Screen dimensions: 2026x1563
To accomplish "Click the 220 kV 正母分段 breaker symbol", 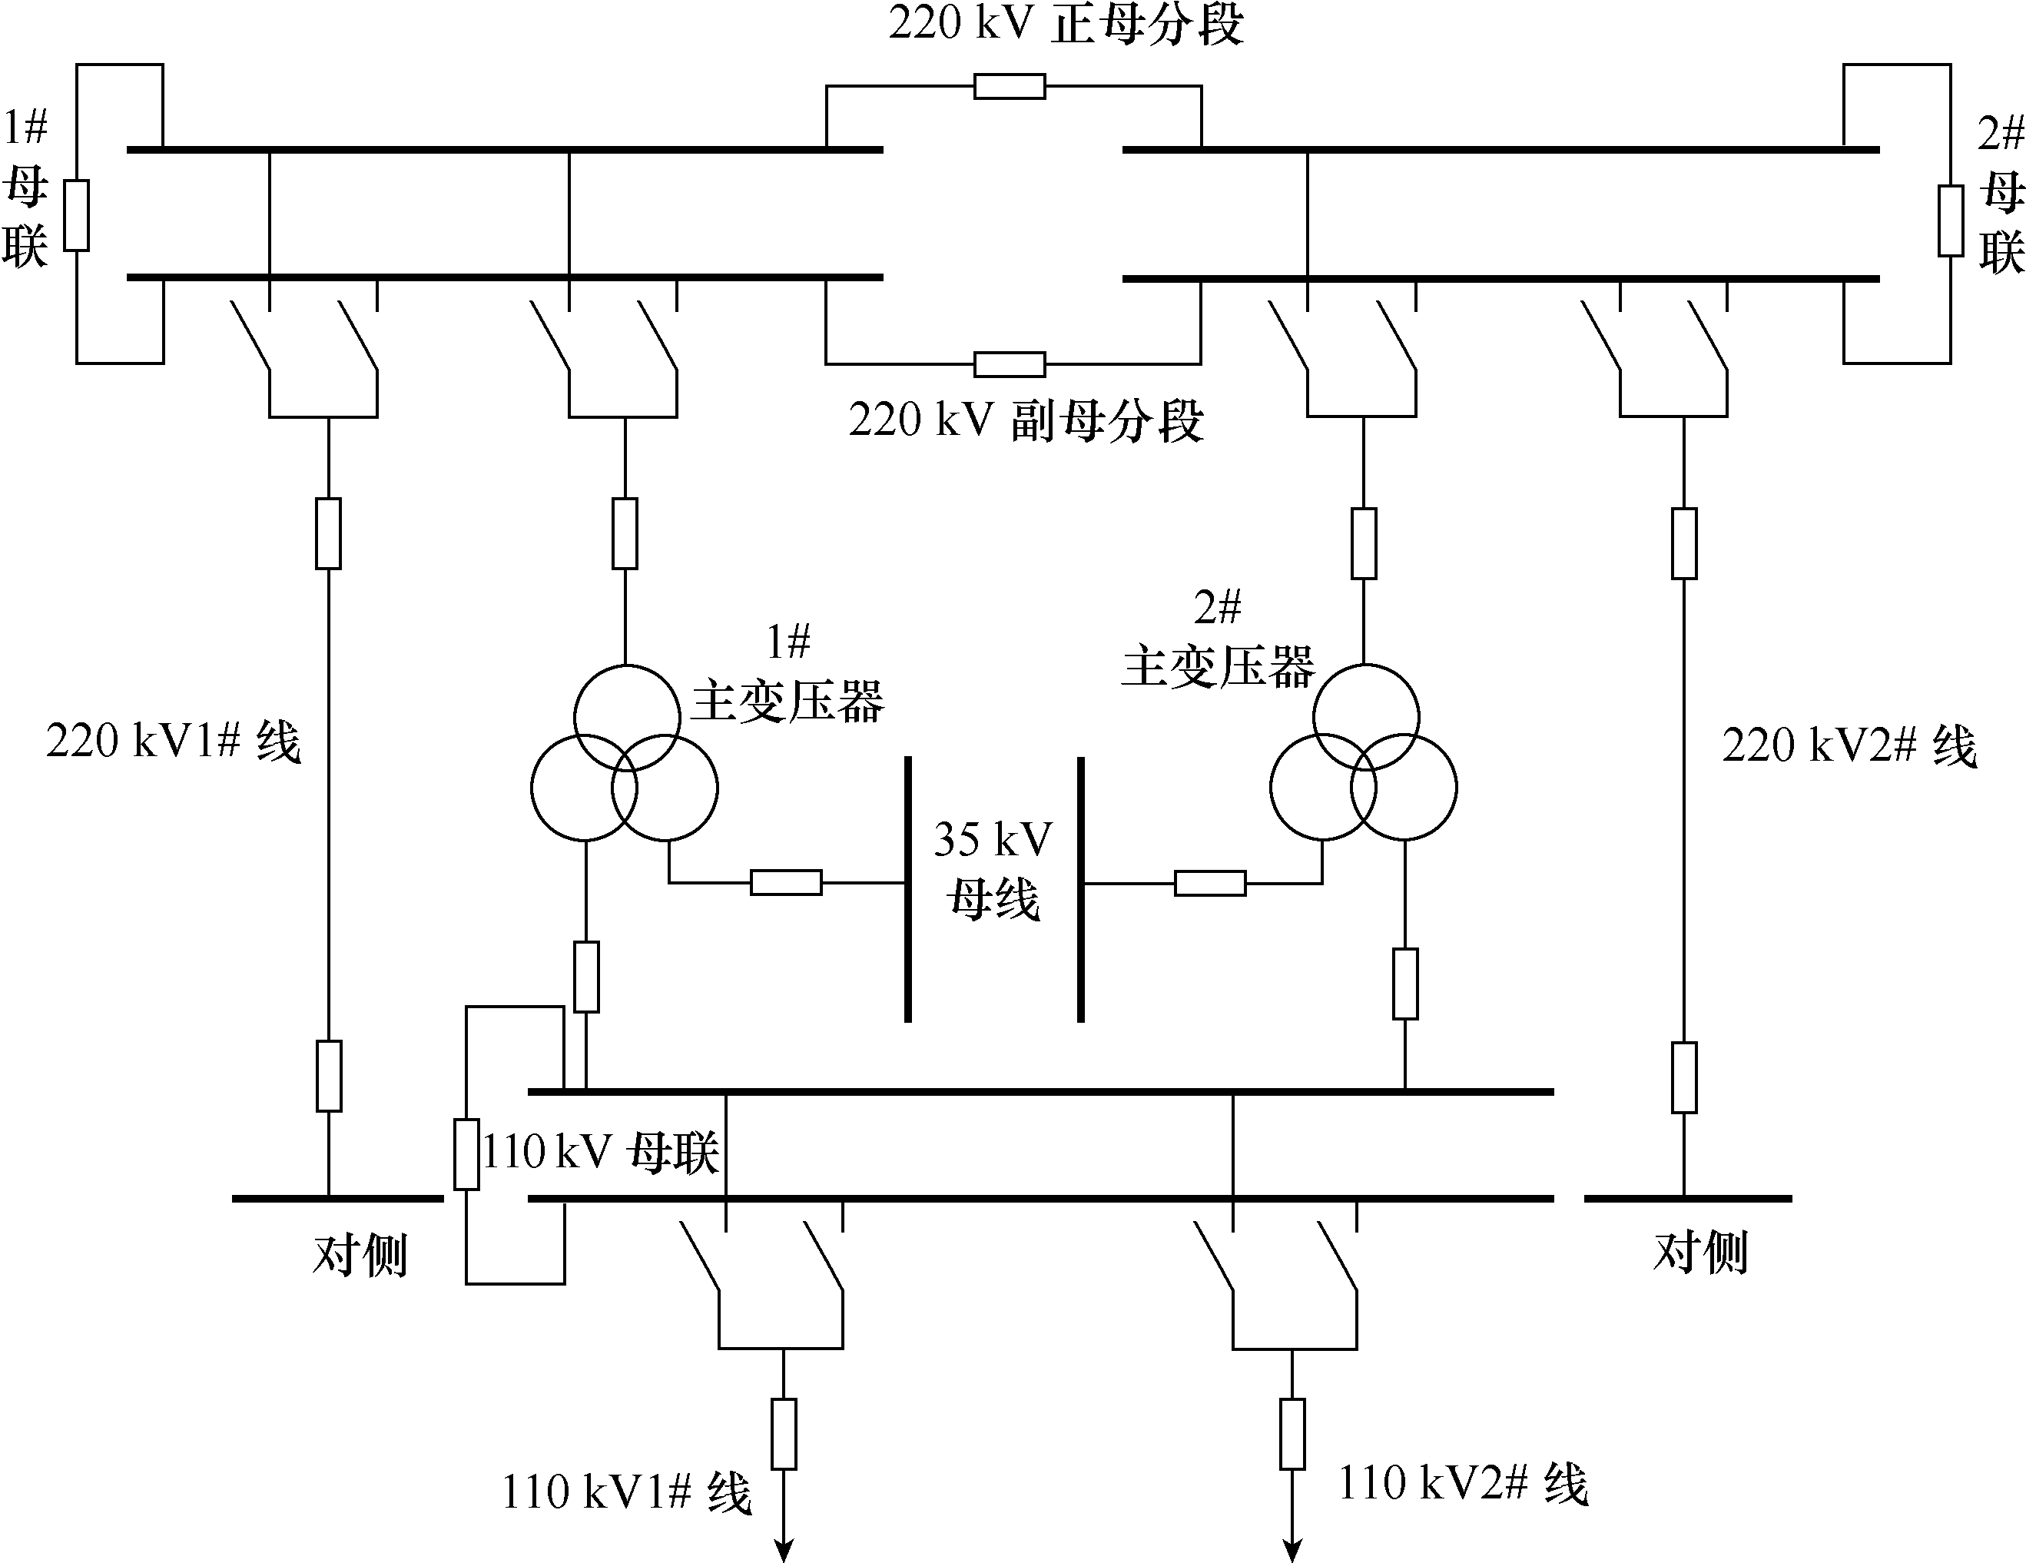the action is tap(1010, 86).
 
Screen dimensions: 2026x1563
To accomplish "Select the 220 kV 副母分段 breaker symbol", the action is tap(1010, 363).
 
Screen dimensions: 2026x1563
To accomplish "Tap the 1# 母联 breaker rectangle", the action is tap(76, 215).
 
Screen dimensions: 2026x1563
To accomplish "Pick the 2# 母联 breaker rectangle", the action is tap(1951, 221).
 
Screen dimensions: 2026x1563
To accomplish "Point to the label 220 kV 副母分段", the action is tap(1026, 420).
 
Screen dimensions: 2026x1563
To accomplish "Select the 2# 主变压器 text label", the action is tap(1217, 640).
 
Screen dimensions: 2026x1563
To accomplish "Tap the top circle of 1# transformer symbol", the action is tap(627, 717).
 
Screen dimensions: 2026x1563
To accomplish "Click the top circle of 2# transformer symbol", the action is tap(1365, 717).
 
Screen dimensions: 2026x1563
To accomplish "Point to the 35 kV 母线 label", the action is tap(993, 869).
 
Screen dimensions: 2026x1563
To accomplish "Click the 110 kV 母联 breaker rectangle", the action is tap(466, 1155).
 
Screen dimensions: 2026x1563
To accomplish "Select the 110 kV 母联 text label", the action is tap(600, 1153).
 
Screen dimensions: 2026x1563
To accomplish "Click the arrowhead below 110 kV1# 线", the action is tap(784, 1551).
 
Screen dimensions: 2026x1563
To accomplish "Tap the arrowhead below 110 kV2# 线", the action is tap(1292, 1551).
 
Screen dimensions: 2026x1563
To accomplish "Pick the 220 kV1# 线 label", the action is tap(174, 742).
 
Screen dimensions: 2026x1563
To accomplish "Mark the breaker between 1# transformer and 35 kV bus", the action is tap(786, 882).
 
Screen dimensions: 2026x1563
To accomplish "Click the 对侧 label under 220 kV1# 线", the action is tap(360, 1256).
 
